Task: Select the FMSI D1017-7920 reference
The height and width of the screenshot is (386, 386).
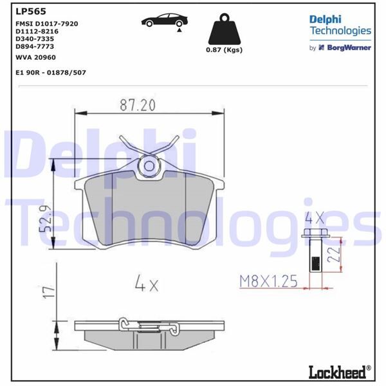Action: (46, 23)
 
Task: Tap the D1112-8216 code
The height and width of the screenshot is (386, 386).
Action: (37, 31)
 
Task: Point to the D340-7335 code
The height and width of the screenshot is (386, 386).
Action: (36, 39)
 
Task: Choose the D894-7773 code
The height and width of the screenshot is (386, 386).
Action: (36, 46)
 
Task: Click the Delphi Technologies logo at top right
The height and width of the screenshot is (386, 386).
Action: (340, 25)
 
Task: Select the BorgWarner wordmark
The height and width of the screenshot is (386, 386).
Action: (349, 48)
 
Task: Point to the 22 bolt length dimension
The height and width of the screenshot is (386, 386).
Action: (333, 252)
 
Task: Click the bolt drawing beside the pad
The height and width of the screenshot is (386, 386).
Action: (315, 251)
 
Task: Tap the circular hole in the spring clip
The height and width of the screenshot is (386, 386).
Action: (149, 166)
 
